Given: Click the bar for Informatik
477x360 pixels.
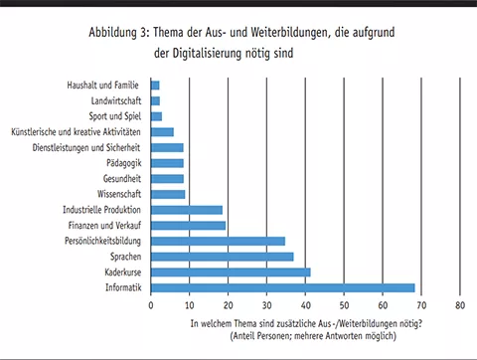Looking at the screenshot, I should tap(283, 288).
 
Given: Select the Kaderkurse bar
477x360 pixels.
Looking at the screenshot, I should tap(231, 272).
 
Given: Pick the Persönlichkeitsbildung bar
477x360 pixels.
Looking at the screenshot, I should tap(218, 241).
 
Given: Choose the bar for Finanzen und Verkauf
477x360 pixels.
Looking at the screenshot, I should tap(189, 226).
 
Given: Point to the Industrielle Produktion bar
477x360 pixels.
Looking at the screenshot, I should tap(187, 210).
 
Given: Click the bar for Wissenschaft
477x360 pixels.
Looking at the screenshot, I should tap(168, 194).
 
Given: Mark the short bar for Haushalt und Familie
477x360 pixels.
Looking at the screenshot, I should tap(155, 86).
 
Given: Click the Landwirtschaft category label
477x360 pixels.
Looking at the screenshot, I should tap(117, 100).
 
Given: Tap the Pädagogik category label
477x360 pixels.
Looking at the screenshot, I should tap(124, 163).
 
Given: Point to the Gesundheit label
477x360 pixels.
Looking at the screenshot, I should tap(122, 179).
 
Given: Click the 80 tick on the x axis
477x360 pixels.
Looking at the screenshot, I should tap(460, 306).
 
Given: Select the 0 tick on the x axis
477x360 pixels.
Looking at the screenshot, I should tap(151, 306).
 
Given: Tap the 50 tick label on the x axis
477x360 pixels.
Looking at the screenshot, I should tap(344, 306).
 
